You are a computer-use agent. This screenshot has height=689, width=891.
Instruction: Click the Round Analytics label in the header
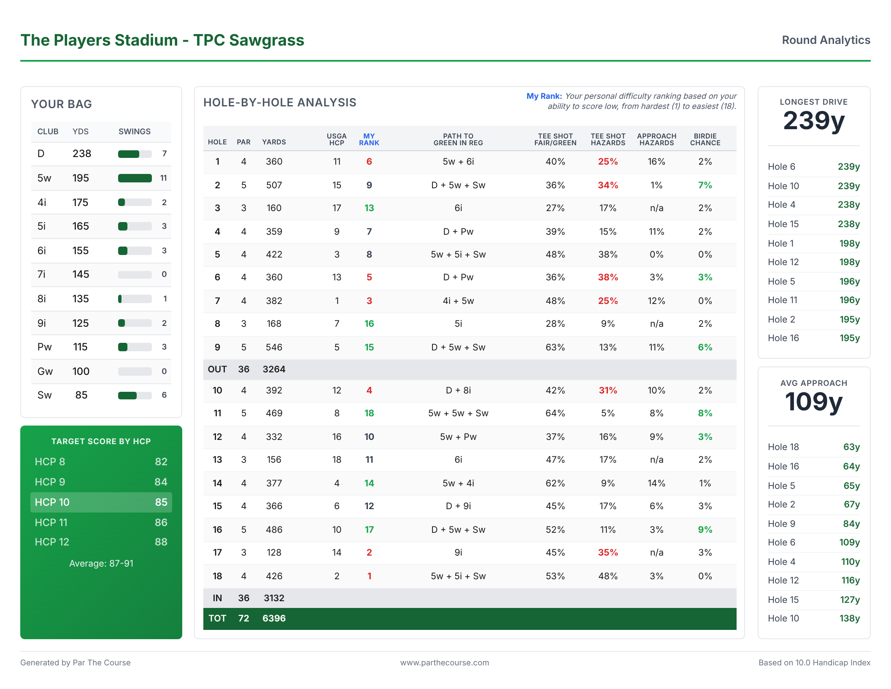[826, 40]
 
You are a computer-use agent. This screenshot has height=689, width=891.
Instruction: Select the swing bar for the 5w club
[135, 178]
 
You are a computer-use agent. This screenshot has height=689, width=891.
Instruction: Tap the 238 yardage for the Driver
[82, 154]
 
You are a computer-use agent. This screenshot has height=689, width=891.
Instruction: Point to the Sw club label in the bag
[44, 395]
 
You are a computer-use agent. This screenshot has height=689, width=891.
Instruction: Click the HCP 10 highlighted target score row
[101, 502]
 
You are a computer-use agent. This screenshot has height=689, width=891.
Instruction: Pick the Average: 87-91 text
[101, 564]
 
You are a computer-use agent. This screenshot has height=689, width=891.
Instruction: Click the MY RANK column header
[369, 139]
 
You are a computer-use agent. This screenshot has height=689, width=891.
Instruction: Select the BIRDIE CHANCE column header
[705, 139]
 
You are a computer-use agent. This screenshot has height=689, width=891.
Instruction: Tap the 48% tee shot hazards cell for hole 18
[607, 576]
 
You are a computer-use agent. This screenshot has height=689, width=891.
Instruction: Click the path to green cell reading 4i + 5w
[458, 301]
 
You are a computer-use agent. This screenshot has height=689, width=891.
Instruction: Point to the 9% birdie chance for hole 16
[705, 530]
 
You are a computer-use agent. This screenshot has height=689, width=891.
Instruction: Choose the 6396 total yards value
[274, 618]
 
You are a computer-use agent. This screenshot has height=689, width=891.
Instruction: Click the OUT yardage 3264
[274, 369]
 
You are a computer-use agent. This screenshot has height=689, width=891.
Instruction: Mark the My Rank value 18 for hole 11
[369, 413]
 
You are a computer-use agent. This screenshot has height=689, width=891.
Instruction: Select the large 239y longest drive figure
[814, 121]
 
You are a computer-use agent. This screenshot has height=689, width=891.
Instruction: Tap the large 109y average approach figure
[814, 401]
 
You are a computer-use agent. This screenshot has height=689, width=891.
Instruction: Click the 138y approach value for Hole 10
[849, 618]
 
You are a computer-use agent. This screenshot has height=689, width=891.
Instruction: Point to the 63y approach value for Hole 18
[851, 447]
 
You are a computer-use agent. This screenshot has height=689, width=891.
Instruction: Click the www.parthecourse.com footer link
[445, 663]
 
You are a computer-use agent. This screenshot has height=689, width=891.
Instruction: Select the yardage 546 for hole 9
[274, 347]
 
